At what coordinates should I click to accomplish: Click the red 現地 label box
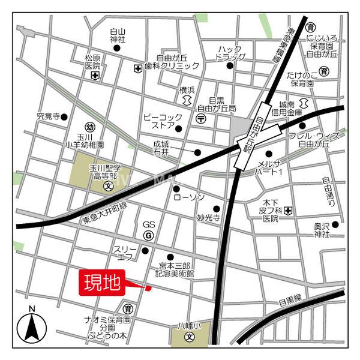(102, 282)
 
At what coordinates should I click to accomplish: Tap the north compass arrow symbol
(32, 327)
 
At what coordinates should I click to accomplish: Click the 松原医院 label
(92, 62)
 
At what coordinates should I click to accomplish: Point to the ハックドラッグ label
(230, 53)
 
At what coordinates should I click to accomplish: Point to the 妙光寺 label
(209, 218)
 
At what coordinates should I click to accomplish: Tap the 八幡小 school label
(189, 326)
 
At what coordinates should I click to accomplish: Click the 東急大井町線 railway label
(105, 214)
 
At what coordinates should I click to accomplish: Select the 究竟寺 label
(49, 116)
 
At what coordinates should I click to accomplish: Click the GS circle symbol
(148, 235)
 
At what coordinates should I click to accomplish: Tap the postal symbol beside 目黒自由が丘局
(202, 119)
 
